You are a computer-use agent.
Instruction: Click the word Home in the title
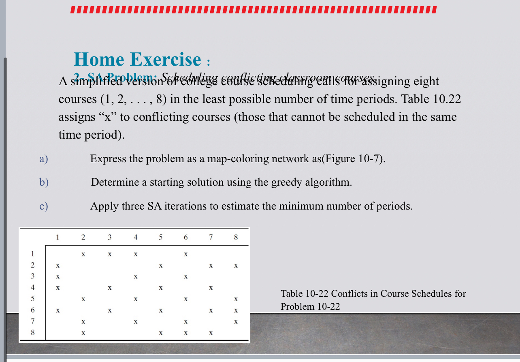pyautogui.click(x=99, y=60)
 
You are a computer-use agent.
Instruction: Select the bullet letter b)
pyautogui.click(x=44, y=182)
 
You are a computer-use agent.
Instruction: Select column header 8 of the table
pyautogui.click(x=236, y=238)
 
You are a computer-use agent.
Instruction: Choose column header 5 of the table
pyautogui.click(x=161, y=238)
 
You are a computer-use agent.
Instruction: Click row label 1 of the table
pyautogui.click(x=32, y=254)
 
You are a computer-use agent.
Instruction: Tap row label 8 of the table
pyautogui.click(x=32, y=333)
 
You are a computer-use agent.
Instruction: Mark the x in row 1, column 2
pyautogui.click(x=83, y=255)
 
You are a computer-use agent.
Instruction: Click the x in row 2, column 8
pyautogui.click(x=236, y=266)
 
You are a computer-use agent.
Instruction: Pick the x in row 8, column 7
pyautogui.click(x=211, y=333)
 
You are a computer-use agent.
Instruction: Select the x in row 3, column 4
pyautogui.click(x=136, y=277)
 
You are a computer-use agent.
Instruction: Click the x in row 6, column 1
pyautogui.click(x=58, y=311)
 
